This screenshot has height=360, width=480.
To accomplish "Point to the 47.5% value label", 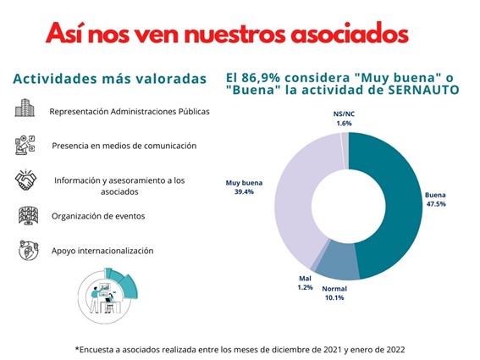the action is point(436,204).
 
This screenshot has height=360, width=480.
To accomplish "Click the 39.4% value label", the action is point(244,191).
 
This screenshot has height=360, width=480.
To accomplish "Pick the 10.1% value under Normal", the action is point(334,297).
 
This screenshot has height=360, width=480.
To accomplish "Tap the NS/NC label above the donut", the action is point(344,114).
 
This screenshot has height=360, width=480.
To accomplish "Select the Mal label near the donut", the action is point(305,278).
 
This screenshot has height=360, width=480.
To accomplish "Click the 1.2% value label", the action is point(306,287).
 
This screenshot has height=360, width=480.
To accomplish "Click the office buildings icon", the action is point(25,108).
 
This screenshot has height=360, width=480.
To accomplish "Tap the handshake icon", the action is point(25,180).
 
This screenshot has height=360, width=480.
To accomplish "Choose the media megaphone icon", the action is point(25,145).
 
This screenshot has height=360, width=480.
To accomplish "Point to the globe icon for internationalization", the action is point(29,251).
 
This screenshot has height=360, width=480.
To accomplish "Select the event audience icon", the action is point(28,216).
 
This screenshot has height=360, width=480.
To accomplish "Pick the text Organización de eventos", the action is point(98,216).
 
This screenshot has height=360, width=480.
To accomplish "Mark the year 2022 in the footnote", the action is point(395,350).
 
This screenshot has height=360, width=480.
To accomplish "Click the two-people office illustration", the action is point(108,296).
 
